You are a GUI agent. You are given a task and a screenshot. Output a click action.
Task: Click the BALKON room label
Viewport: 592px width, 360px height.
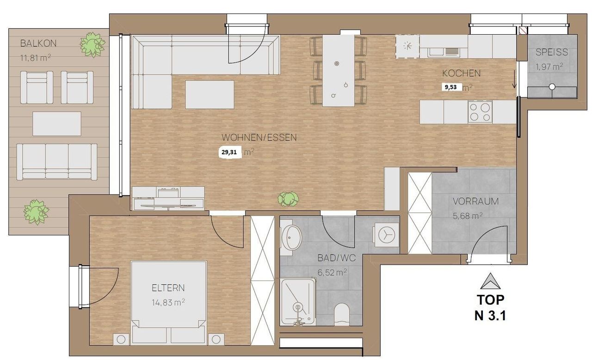pyautogui.click(x=38, y=43)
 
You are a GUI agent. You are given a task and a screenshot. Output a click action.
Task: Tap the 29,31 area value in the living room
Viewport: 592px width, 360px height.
pyautogui.click(x=229, y=153)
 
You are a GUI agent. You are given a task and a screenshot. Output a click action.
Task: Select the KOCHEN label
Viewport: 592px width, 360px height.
pyautogui.click(x=461, y=73)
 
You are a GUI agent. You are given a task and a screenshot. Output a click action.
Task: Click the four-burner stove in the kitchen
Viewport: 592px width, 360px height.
pyautogui.click(x=480, y=112)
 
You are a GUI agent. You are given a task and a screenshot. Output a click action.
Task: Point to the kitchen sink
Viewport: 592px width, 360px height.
pyautogui.click(x=444, y=52)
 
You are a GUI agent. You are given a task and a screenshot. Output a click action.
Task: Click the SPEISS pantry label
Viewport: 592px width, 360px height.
pyautogui.click(x=552, y=52)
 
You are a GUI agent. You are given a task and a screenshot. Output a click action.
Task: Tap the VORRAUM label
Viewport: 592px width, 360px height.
pyautogui.click(x=476, y=201)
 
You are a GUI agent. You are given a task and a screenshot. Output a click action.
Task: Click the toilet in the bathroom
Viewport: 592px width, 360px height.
pyautogui.click(x=342, y=314)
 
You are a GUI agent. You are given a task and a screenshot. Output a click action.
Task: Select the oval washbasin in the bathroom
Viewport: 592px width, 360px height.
pyautogui.click(x=291, y=237)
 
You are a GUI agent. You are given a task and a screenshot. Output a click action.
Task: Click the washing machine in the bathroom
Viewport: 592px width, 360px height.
pyautogui.click(x=386, y=235)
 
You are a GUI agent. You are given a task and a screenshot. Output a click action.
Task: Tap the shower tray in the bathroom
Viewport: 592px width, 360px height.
pyautogui.click(x=298, y=302)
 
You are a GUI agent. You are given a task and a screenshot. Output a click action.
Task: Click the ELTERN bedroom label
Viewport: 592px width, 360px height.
pyautogui.click(x=168, y=287)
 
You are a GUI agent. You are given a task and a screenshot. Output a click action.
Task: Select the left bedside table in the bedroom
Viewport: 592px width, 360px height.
pyautogui.click(x=121, y=339)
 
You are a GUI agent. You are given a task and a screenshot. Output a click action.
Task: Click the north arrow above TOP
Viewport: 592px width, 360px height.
pyautogui.click(x=490, y=281)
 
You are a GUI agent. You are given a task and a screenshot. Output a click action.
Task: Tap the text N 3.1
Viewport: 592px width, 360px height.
pyautogui.click(x=490, y=315)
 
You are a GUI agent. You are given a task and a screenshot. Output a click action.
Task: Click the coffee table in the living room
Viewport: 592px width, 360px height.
pyautogui.click(x=210, y=95)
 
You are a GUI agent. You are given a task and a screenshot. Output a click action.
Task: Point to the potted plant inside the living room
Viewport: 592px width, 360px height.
pyautogui.click(x=288, y=199)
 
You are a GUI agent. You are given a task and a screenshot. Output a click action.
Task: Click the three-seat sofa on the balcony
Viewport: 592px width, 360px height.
pyautogui.click(x=57, y=162)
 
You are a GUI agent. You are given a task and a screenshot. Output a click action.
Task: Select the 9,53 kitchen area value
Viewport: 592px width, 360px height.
pyautogui.click(x=450, y=87)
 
